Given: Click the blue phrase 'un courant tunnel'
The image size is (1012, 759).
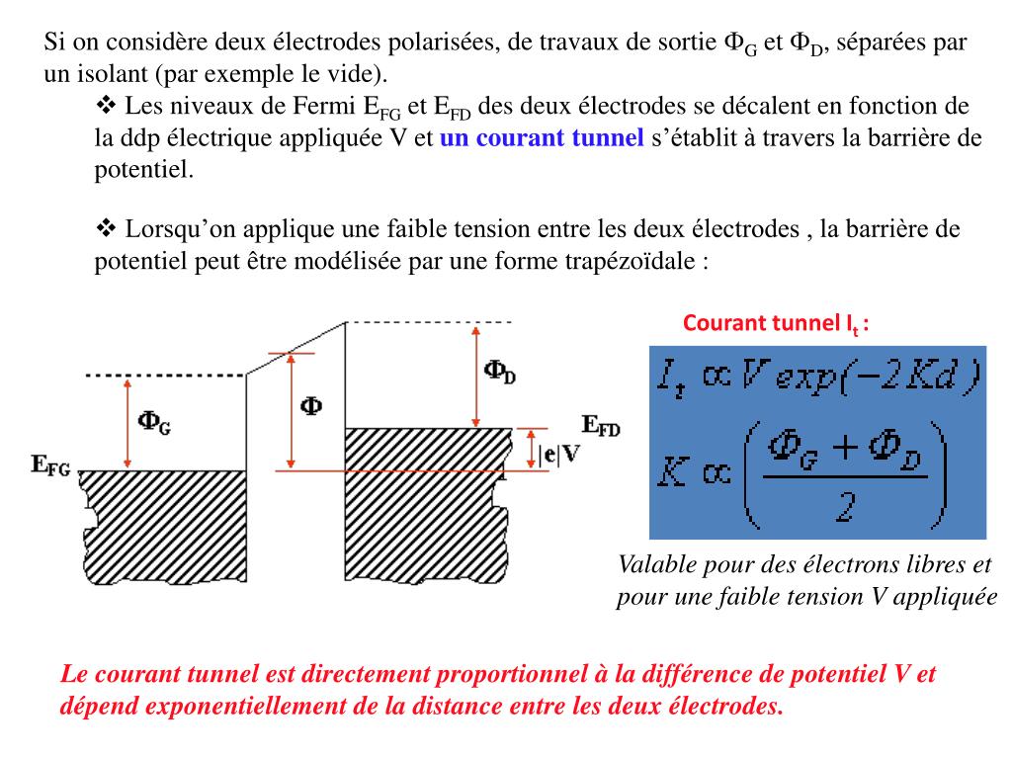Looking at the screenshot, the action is coord(542,138).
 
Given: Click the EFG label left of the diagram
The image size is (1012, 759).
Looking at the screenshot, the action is coord(50,467).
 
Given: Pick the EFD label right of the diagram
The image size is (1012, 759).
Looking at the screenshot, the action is coord(601,426).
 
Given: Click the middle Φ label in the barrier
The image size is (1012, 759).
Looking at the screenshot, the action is coord(310,406).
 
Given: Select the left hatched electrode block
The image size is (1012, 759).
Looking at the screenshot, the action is coord(162,528).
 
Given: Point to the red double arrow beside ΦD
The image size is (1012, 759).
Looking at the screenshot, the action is coord(476,375).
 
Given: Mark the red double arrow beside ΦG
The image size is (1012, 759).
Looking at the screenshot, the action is coord(126,423).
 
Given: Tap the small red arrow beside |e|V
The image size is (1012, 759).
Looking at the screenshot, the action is coord(531,450).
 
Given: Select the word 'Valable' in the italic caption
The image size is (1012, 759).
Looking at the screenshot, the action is coord(655,565).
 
